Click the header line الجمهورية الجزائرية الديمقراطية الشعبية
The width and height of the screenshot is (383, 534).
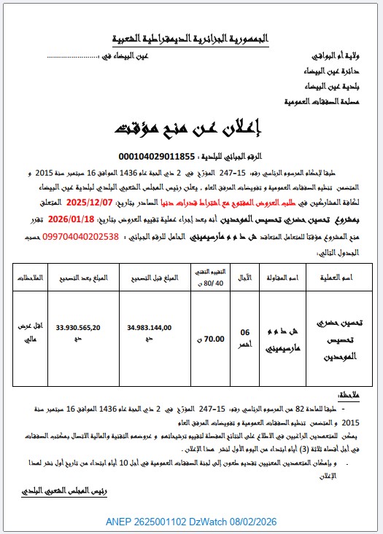click(x=192, y=36)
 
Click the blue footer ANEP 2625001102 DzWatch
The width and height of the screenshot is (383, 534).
click(x=191, y=522)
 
